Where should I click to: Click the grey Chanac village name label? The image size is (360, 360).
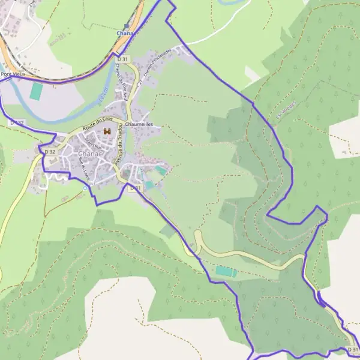(89, 154)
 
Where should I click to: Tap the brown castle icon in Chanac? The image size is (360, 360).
(107, 131)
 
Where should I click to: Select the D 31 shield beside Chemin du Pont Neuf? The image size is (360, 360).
(122, 59)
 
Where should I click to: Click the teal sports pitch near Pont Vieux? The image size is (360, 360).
(36, 91)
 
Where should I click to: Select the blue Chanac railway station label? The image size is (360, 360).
(124, 34)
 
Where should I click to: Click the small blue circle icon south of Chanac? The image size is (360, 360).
(85, 187)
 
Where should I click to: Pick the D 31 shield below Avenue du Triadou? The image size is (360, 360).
(136, 188)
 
